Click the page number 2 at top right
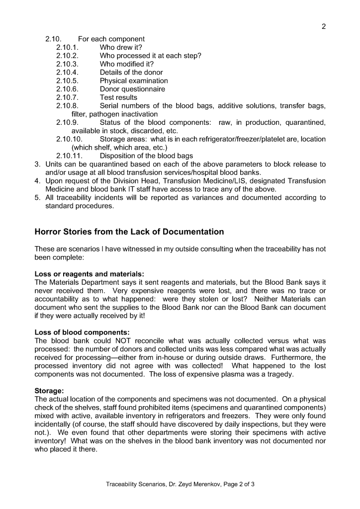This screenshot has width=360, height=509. click(324, 27)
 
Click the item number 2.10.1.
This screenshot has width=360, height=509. click(67, 47)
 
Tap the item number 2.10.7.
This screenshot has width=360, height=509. click(67, 97)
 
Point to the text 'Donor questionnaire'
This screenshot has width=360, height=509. click(132, 89)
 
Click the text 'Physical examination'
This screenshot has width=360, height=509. click(134, 81)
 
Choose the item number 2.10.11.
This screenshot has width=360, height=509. click(69, 156)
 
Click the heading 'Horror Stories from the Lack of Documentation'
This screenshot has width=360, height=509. click(129, 232)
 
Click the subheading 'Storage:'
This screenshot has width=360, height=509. click(50, 391)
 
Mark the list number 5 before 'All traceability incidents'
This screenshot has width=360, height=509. click(37, 197)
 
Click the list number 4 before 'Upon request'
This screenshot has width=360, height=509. click(37, 181)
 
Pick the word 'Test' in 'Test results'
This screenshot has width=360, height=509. click(107, 97)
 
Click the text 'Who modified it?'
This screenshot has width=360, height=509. click(127, 64)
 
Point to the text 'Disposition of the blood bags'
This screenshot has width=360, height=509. click(146, 156)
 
